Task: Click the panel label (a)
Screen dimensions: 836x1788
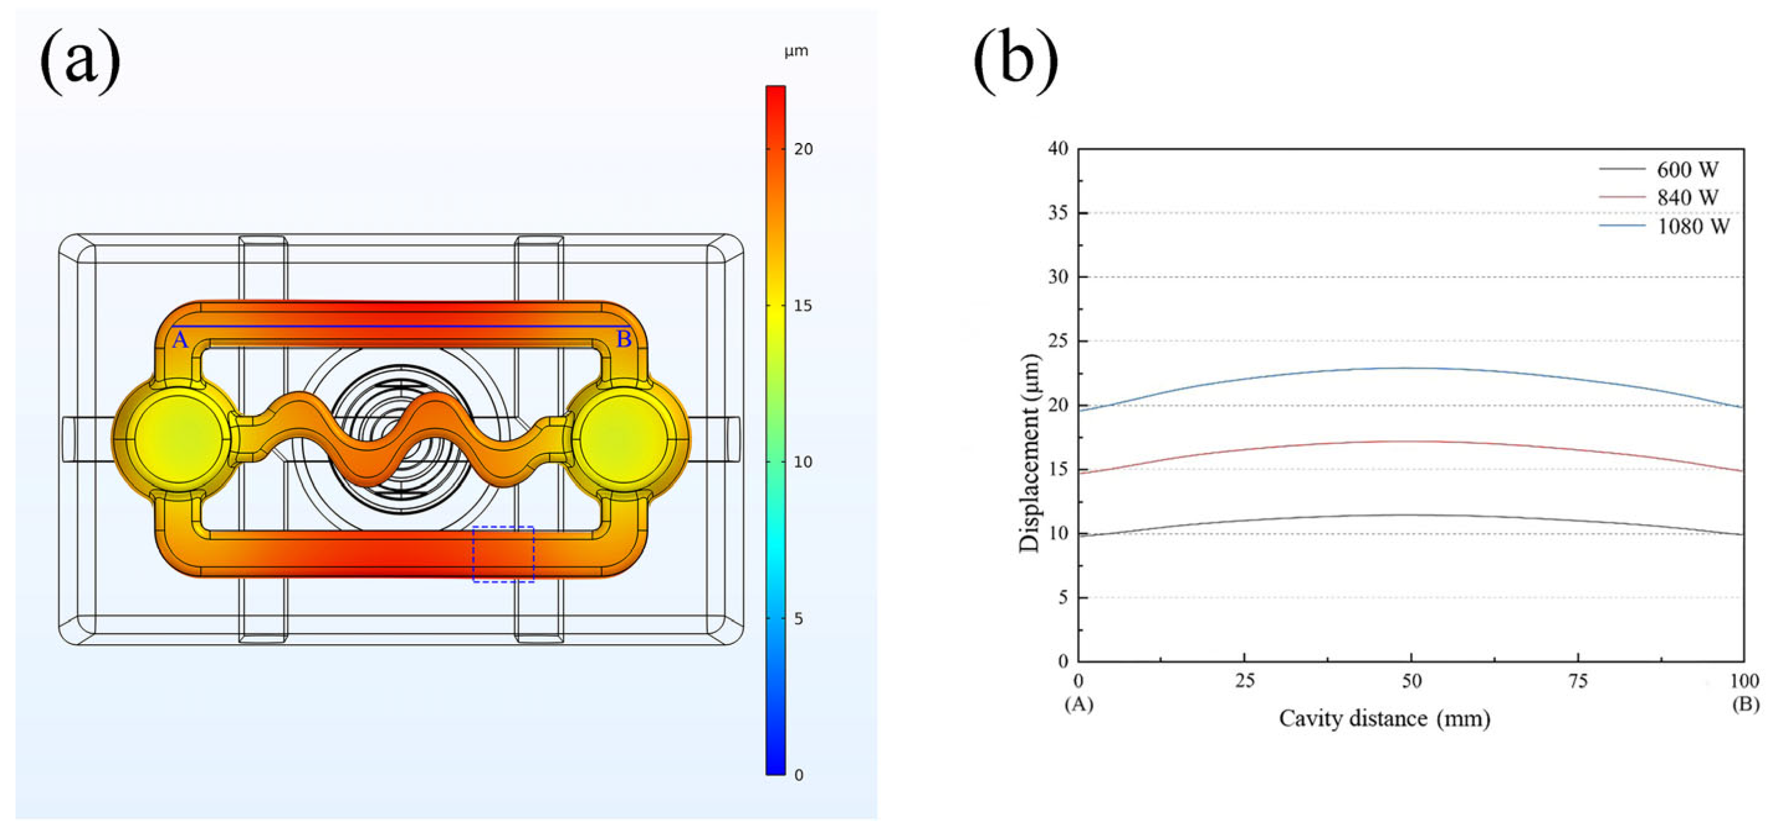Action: (x=80, y=61)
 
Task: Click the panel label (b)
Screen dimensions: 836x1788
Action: (x=1016, y=61)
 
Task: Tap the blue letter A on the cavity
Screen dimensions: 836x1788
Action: (x=180, y=340)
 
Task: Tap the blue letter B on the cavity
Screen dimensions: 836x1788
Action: (x=623, y=339)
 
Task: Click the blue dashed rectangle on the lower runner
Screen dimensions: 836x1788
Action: (x=503, y=553)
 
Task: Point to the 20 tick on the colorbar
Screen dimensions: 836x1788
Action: (x=803, y=149)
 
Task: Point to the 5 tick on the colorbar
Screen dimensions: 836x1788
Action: (x=798, y=619)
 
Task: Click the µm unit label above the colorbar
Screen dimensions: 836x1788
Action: (x=796, y=52)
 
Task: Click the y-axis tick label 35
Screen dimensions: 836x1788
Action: (x=1058, y=213)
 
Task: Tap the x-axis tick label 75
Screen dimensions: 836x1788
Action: (x=1577, y=681)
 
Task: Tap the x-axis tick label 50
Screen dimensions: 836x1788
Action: (x=1411, y=681)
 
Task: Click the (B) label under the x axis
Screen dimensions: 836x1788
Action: (x=1745, y=704)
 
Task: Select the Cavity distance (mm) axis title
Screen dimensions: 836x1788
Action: (x=1384, y=719)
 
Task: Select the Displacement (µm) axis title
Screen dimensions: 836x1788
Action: (x=1030, y=453)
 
